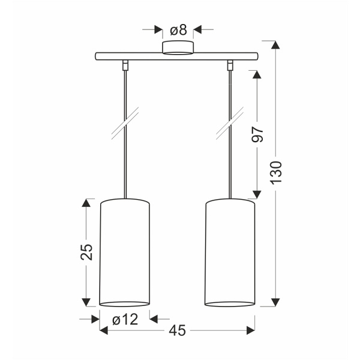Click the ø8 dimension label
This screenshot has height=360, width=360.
[x=178, y=28]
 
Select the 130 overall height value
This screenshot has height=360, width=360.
[x=275, y=174]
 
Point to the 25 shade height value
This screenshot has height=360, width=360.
[x=87, y=251]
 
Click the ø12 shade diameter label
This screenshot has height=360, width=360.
[x=125, y=319]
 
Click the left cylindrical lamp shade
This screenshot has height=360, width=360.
[x=125, y=252]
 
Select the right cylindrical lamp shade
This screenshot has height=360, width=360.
[x=230, y=252]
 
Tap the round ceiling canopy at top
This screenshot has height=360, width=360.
[x=178, y=47]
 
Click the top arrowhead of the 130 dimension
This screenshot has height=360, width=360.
[x=275, y=46]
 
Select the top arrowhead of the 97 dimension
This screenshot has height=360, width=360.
[x=256, y=75]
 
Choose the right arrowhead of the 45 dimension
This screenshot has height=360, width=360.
[x=251, y=330]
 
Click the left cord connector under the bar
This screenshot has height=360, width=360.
[x=125, y=64]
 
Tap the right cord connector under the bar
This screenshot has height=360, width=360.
[x=230, y=64]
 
